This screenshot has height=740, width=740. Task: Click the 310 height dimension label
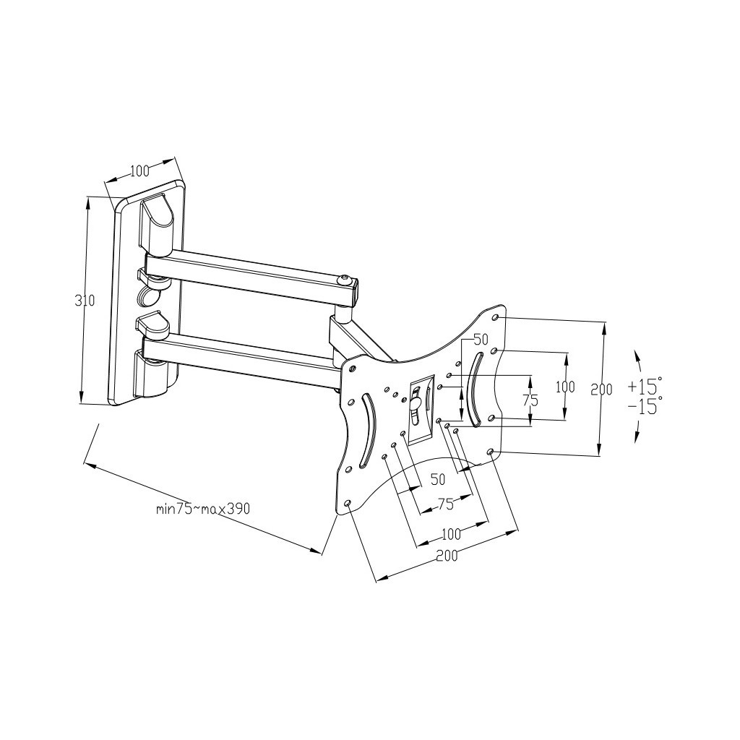(x=85, y=301)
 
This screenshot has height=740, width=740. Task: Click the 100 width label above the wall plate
(x=139, y=171)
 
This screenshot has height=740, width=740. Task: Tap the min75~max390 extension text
(x=203, y=508)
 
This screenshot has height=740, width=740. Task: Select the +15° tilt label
(x=645, y=384)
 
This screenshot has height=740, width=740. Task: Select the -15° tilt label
(x=645, y=406)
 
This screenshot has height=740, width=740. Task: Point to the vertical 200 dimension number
(x=601, y=390)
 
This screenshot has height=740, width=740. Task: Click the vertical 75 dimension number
(x=530, y=400)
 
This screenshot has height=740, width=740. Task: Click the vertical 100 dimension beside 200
(x=565, y=387)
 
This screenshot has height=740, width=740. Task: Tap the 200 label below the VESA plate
(x=447, y=555)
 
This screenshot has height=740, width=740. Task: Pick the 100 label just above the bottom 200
(x=451, y=534)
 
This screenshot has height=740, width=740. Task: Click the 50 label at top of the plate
(x=481, y=340)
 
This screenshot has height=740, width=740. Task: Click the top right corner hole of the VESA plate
(x=495, y=317)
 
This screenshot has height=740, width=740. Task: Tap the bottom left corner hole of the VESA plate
(x=348, y=502)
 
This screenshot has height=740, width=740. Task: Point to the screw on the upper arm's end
(x=347, y=279)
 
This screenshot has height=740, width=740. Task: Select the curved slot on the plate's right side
(x=474, y=388)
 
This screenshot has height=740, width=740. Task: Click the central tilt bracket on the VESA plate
(x=419, y=408)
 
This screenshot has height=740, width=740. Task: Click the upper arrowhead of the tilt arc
(x=637, y=354)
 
